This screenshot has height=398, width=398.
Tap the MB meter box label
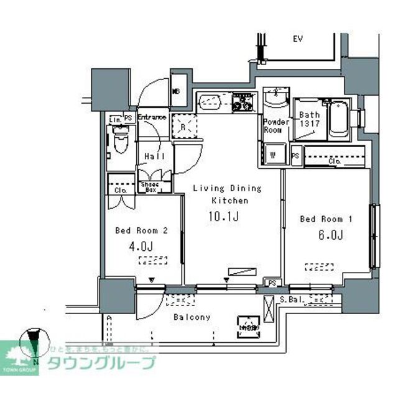click(177, 91)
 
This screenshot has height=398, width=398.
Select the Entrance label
click(152, 117)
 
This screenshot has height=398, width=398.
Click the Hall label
click(154, 156)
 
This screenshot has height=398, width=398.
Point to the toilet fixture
click(120, 142)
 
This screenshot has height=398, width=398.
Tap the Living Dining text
click(226, 188)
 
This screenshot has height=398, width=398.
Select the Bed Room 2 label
click(142, 230)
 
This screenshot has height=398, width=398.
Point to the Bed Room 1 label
click(326, 219)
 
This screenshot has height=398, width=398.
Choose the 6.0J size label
click(330, 235)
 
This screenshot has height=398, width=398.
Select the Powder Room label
click(276, 126)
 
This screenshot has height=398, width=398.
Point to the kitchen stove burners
click(243, 102)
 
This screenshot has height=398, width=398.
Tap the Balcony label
click(192, 317)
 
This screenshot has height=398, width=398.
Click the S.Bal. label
click(291, 299)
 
